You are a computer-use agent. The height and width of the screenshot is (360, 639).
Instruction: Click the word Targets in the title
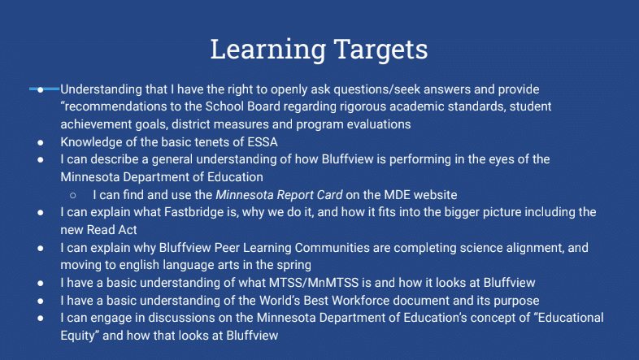coord(381,50)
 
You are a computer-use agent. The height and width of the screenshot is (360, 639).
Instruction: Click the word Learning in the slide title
coord(268,50)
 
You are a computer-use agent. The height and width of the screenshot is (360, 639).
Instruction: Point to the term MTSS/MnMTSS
coord(314,283)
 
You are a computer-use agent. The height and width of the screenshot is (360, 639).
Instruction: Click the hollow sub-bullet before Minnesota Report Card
coord(73,196)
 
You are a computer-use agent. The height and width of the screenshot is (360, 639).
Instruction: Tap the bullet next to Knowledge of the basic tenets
coord(41,142)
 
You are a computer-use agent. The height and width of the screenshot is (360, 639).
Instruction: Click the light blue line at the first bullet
coord(44,89)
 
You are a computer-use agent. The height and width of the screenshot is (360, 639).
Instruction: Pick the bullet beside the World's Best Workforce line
coord(41,301)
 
